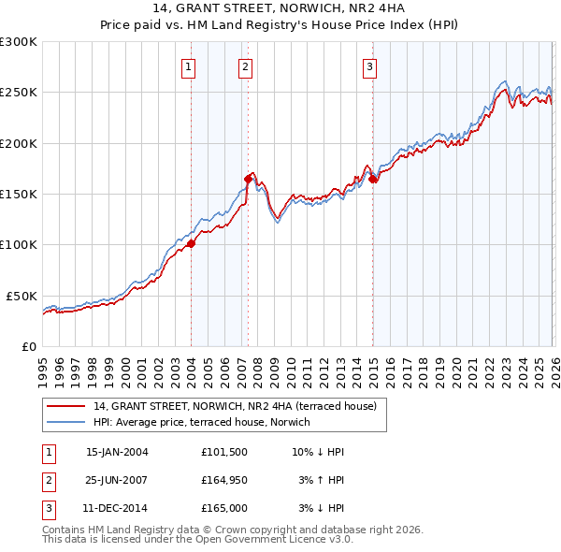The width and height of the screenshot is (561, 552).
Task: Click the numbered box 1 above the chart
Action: tap(189, 66)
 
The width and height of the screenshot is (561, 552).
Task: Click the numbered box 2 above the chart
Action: tap(245, 66)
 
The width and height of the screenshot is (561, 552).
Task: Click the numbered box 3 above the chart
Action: tap(369, 66)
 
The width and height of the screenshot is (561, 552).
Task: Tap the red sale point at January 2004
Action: tap(191, 243)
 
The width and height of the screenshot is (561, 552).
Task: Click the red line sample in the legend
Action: tap(67, 406)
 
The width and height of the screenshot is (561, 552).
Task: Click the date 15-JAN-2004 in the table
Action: tap(117, 452)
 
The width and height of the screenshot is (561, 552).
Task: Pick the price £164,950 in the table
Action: tap(224, 481)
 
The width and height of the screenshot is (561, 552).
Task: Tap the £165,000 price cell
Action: tap(224, 509)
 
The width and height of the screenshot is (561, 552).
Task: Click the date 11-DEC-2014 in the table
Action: tap(117, 509)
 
